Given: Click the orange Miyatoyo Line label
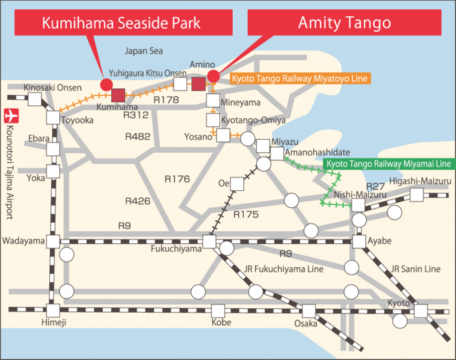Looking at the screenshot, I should point(300,79).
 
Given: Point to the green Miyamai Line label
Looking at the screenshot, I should point(389,164).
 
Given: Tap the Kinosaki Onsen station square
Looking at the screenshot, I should point(34,100).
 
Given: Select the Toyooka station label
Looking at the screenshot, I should point(78,120).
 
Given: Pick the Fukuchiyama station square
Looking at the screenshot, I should point(208,242).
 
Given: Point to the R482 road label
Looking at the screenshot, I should point(138,137).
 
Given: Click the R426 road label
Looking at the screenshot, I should point(138,201).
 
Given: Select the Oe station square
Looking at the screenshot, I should point(238,184).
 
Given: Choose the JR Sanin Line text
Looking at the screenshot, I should point(415,269).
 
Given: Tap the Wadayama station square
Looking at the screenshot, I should point(54,241).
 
